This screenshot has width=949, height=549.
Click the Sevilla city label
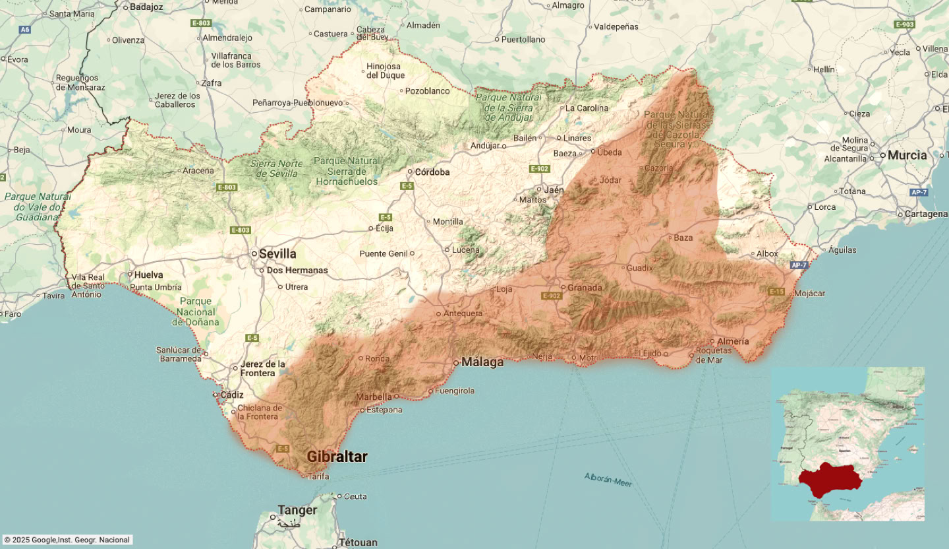click(x=277, y=254)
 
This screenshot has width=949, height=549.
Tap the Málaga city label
click(x=482, y=362)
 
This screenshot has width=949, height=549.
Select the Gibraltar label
click(x=337, y=457)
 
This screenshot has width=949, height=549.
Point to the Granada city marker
click(x=563, y=287)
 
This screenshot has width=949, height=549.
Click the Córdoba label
click(x=432, y=172)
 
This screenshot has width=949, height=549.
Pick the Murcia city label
click(x=907, y=156)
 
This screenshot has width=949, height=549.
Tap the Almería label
click(x=733, y=341)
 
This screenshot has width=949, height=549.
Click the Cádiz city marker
click(x=216, y=395)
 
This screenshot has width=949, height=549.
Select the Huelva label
click(x=148, y=274)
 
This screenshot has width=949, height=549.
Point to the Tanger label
click(x=297, y=510)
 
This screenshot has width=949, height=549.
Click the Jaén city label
click(x=554, y=190)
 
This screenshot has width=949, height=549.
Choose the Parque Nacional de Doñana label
click(x=196, y=311)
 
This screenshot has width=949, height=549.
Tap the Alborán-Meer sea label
click(x=608, y=480)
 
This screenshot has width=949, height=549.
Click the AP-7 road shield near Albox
click(x=798, y=265)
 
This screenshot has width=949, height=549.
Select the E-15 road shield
click(x=776, y=291)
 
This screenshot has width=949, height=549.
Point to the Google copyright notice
click(x=67, y=540)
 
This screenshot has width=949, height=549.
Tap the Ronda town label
click(x=377, y=359)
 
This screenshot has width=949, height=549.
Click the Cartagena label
click(x=926, y=214)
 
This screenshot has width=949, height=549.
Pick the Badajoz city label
click(x=146, y=7)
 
